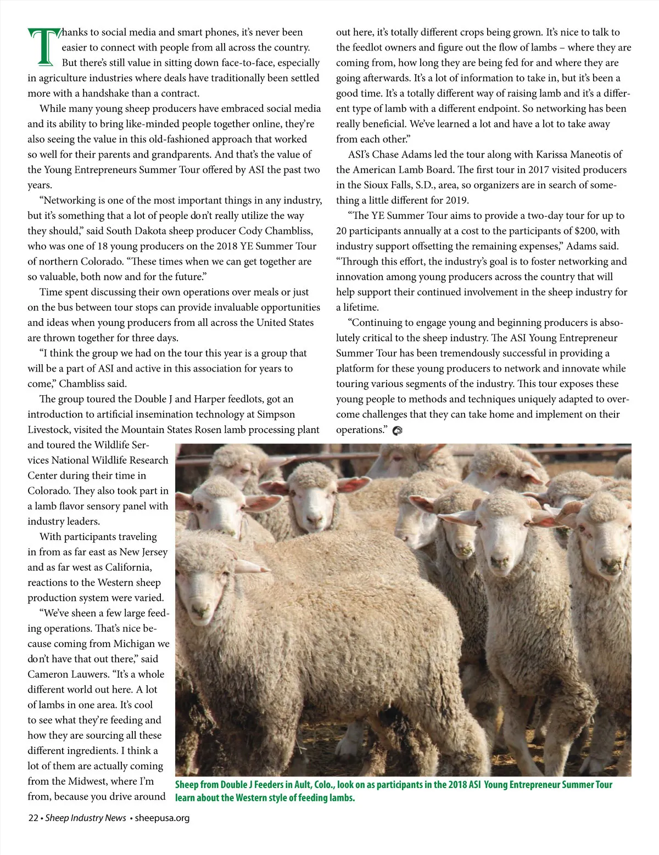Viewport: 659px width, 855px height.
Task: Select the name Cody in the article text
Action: [x=250, y=231]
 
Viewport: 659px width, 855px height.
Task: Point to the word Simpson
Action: [x=276, y=414]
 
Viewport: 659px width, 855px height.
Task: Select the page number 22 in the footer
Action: [x=33, y=818]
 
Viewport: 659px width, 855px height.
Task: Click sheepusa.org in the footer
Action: [x=162, y=818]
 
